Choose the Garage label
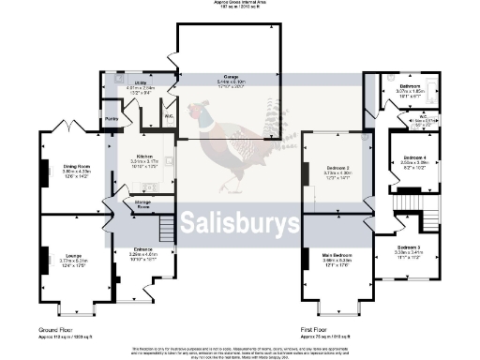pyautogui.click(x=230, y=79)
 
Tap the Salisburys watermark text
pyautogui.click(x=239, y=223)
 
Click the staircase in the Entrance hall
pyautogui.click(x=166, y=226)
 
